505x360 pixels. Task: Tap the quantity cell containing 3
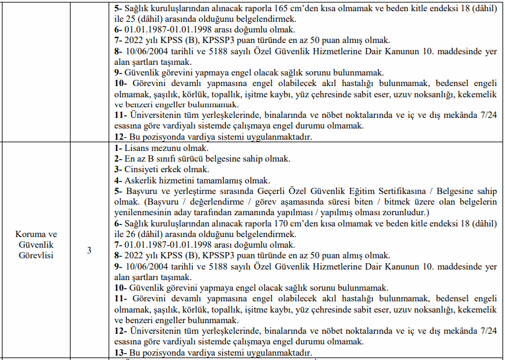(x=89, y=250)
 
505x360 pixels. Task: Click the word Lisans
(x=137, y=148)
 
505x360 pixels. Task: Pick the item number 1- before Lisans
(x=118, y=148)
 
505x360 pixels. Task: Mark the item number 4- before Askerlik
(x=119, y=180)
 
